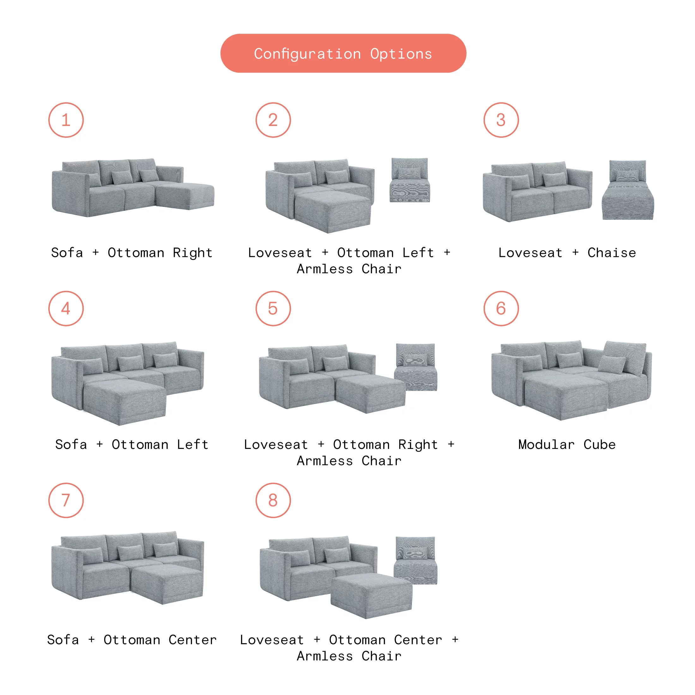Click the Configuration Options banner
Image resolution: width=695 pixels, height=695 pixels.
343,53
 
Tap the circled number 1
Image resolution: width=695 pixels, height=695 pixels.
66,120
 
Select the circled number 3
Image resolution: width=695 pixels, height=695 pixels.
501,120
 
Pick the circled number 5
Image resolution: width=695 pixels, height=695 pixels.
273,308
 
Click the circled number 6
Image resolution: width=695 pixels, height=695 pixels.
501,308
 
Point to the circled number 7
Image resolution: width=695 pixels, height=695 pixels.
66,500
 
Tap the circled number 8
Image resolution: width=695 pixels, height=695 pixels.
273,500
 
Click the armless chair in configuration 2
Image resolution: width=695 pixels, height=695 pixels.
410,180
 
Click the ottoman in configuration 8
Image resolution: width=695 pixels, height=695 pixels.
371,595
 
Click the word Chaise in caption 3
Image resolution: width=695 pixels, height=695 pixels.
612,253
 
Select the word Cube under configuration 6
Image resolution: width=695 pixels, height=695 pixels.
599,444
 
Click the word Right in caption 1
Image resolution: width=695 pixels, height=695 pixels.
192,253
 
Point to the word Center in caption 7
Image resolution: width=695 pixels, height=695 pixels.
192,640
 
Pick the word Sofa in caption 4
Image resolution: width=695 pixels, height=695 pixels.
71,444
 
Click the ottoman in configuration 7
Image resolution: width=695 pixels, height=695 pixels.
166,583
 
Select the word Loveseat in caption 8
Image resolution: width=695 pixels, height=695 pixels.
272,640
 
